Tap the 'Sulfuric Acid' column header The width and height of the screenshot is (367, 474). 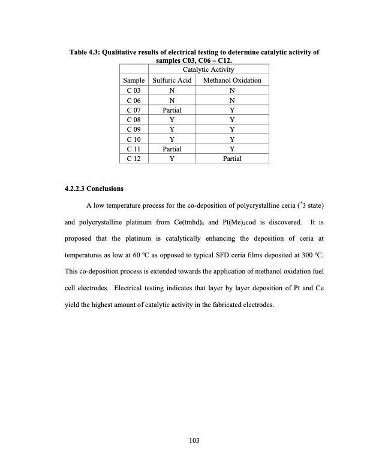(172, 80)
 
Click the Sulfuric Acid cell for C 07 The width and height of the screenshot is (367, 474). (172, 110)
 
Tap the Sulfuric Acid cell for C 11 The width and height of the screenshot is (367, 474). (172, 149)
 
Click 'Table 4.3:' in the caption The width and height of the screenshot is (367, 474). (86, 54)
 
